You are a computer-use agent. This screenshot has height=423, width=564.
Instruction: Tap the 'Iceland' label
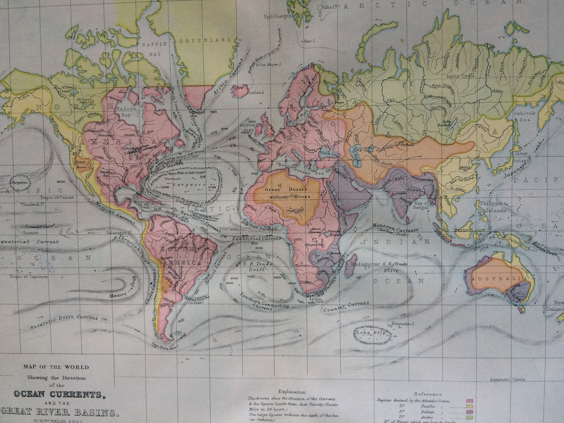[255, 92]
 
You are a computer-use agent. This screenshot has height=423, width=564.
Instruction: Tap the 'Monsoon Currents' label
[395, 230]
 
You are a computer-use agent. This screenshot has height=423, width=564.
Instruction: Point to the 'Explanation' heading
[292, 391]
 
